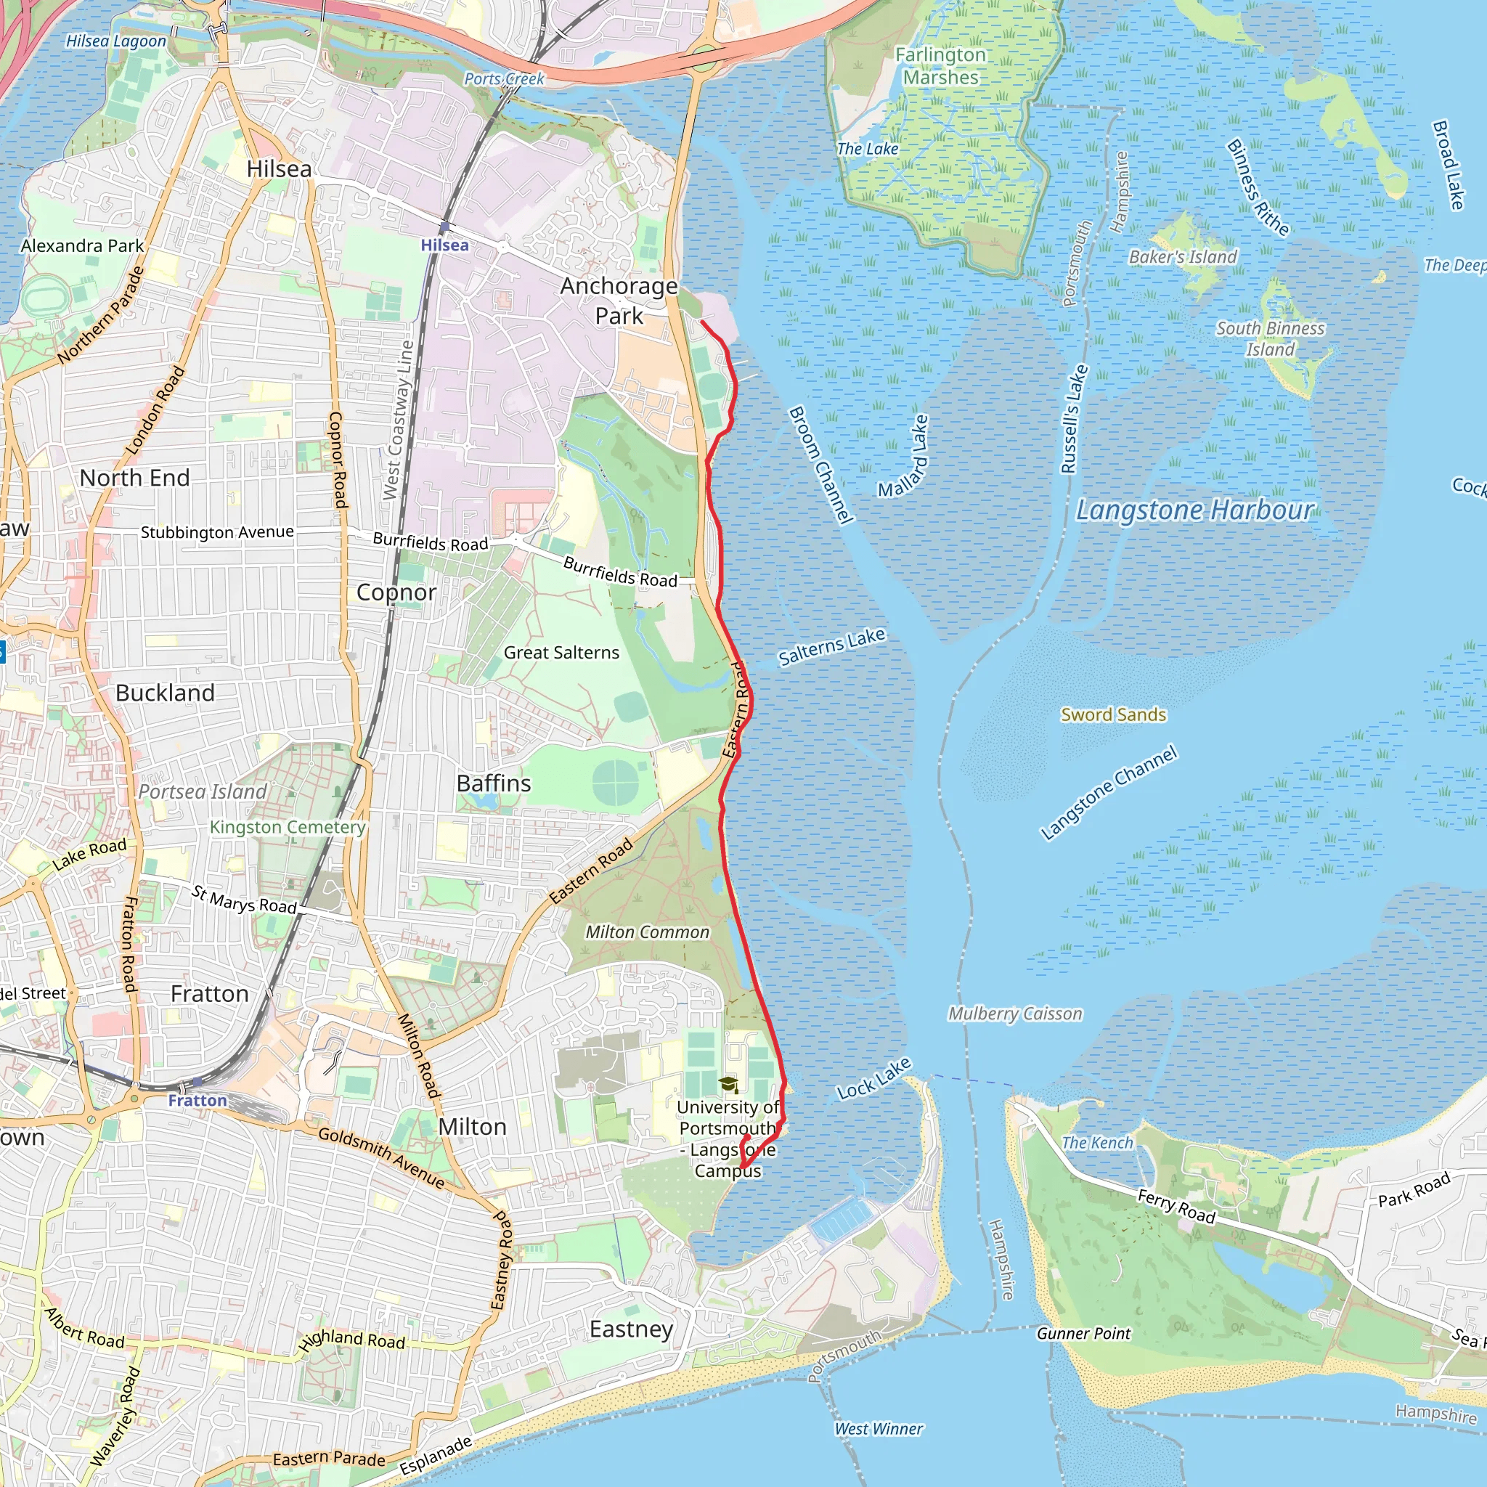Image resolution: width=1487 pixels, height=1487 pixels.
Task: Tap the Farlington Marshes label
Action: pos(940,66)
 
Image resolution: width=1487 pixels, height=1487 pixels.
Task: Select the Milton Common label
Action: pos(647,932)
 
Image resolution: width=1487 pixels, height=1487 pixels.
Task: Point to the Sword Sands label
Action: pos(1113,715)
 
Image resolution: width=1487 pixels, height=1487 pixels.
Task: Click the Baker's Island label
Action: pos(1183,257)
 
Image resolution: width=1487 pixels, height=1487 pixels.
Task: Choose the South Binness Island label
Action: pos(1270,338)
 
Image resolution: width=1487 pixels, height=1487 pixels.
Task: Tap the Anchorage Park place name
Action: pos(619,300)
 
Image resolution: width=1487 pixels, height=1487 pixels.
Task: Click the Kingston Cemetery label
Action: pos(287,828)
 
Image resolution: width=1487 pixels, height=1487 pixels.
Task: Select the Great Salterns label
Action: pos(561,653)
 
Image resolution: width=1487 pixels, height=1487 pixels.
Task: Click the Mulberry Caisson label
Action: pos(1014,1014)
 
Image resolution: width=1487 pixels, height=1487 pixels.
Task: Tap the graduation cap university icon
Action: pos(728,1085)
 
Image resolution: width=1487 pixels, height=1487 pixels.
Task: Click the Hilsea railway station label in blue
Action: pos(444,245)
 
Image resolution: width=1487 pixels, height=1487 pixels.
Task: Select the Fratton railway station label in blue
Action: pos(197,1101)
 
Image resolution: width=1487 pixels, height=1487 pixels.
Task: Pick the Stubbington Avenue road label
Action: pos(217,531)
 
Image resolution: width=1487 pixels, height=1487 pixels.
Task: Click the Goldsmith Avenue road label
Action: pos(381,1157)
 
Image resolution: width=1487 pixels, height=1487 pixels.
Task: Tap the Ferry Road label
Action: pos(1176,1205)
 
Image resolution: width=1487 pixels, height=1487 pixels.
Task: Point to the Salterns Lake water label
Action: pos(831,646)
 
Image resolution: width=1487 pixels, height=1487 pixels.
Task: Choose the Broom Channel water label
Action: pos(820,465)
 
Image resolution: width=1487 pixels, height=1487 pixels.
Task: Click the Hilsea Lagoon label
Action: pos(115,41)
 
